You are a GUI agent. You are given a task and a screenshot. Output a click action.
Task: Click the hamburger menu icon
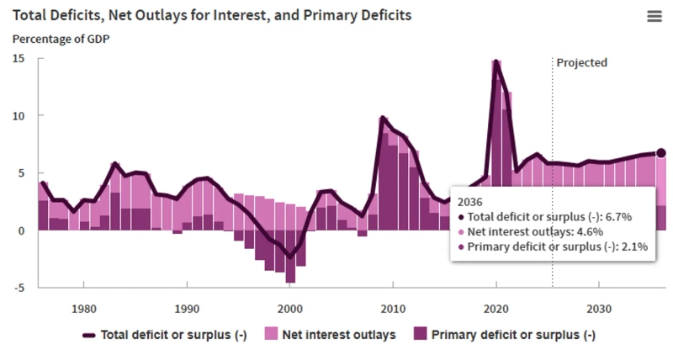pyautogui.click(x=654, y=17)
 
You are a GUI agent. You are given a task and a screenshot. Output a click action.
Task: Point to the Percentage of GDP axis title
pyautogui.click(x=61, y=39)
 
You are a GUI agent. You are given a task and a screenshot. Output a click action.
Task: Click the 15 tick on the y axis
pyautogui.click(x=19, y=58)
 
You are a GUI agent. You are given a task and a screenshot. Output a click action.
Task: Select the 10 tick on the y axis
pyautogui.click(x=19, y=115)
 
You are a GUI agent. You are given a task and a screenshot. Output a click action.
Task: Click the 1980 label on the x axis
pyautogui.click(x=84, y=308)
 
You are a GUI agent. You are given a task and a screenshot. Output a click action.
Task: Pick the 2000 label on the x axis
pyautogui.click(x=290, y=308)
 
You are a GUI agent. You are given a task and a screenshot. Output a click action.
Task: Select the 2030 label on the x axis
pyautogui.click(x=599, y=308)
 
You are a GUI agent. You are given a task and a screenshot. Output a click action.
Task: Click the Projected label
pyautogui.click(x=581, y=63)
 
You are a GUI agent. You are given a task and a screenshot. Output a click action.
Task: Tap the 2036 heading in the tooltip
pyautogui.click(x=471, y=202)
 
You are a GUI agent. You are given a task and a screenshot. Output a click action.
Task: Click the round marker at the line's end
pyautogui.click(x=661, y=153)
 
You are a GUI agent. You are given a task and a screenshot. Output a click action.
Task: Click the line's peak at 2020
pyautogui.click(x=496, y=61)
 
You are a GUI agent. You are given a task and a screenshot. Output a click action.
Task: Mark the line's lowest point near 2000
pyautogui.click(x=290, y=257)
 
